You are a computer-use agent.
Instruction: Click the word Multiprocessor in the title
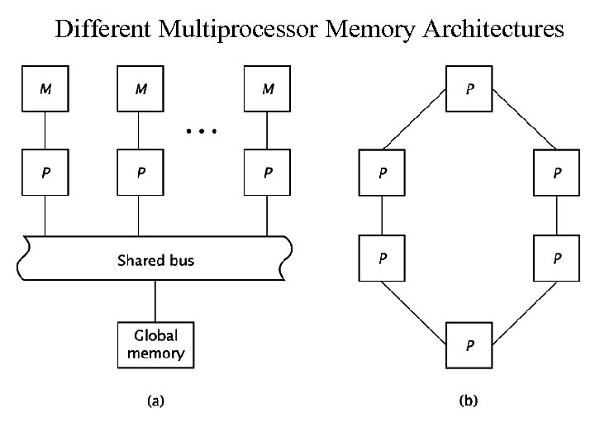point(248,31)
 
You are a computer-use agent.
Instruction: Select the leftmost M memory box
point(44,88)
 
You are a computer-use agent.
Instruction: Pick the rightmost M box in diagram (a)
point(267,88)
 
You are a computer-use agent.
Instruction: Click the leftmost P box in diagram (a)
point(44,173)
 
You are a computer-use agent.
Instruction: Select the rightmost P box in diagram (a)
point(267,173)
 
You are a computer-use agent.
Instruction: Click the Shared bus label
point(155,260)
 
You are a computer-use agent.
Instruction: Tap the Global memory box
point(155,344)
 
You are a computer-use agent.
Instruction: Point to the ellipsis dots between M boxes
point(201,131)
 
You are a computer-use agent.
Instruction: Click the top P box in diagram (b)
point(469,88)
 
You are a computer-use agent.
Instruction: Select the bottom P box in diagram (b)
point(469,344)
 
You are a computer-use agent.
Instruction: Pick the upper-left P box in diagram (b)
point(381,173)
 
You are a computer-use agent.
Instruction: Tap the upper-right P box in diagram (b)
point(558,173)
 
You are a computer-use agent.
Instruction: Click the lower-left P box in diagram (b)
point(381,258)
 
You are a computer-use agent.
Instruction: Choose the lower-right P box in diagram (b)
point(558,258)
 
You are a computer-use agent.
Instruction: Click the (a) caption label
point(155,401)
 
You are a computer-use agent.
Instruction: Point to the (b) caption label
point(469,401)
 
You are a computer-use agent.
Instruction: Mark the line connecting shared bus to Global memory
point(155,300)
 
